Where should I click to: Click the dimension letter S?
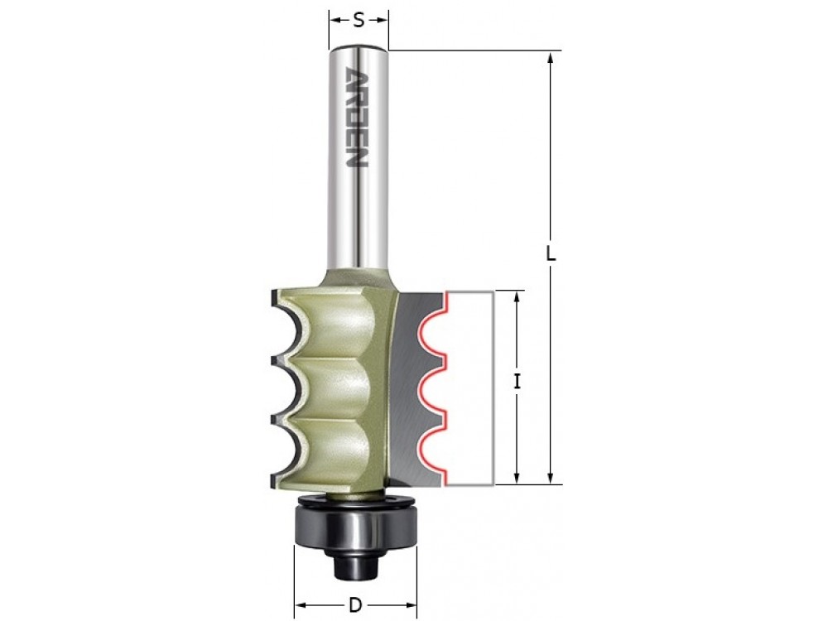(359, 20)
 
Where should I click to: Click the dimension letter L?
(551, 255)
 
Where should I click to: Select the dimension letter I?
(517, 381)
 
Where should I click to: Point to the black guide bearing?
(354, 524)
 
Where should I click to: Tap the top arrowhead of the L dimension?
(551, 58)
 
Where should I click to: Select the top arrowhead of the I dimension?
(517, 298)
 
